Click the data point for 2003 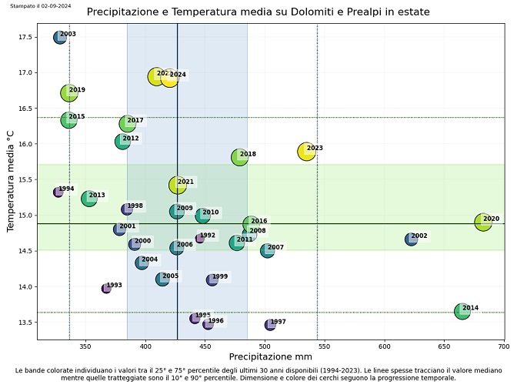pos(60,37)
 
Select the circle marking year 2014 pos(462,311)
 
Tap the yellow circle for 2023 pos(306,152)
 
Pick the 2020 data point pos(483,222)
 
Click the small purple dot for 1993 pos(106,288)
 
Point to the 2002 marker pos(412,239)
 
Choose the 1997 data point pos(270,325)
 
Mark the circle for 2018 pos(240,157)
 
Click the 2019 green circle pos(69,93)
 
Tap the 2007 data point pos(268,250)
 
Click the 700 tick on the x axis pos(505,347)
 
